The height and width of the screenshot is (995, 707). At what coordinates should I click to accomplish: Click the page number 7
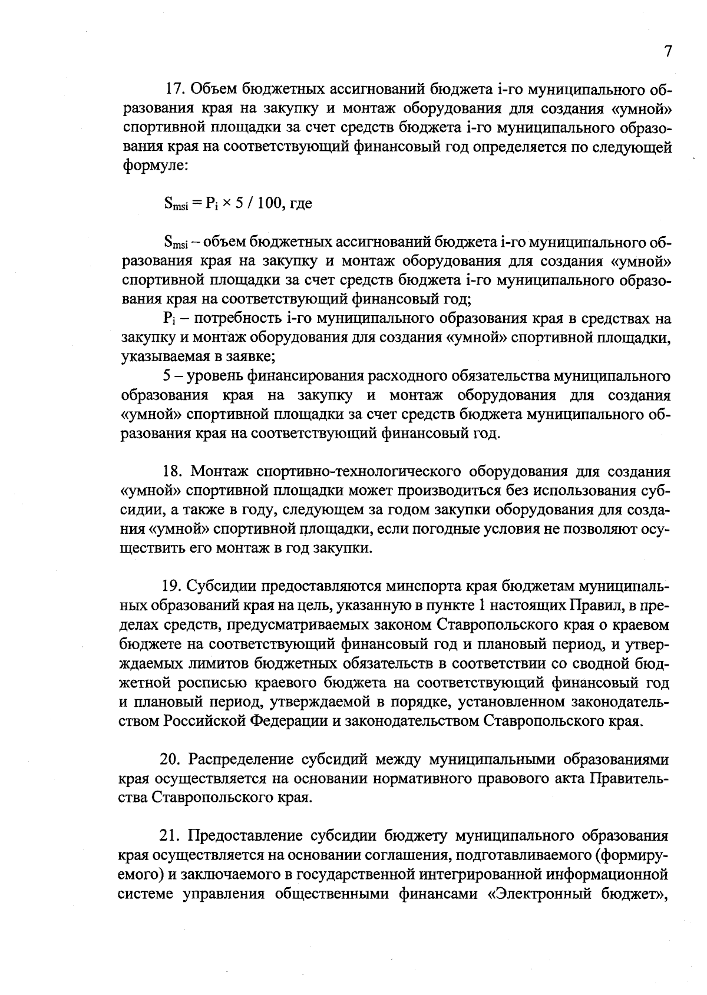click(668, 51)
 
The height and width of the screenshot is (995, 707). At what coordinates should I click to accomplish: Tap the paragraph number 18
click(173, 472)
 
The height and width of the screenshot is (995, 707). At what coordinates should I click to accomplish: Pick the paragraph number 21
click(171, 836)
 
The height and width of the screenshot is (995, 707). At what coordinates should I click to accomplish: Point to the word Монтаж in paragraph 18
click(221, 472)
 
